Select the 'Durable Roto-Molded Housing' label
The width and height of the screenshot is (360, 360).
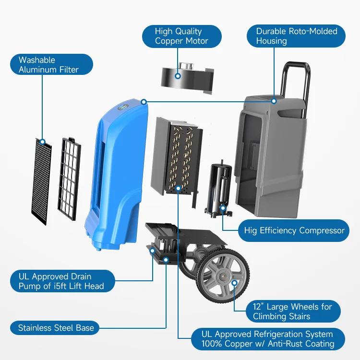pyautogui.click(x=296, y=36)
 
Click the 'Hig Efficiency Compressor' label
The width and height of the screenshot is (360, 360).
pyautogui.click(x=294, y=230)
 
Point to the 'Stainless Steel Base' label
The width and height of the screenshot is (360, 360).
pyautogui.click(x=55, y=328)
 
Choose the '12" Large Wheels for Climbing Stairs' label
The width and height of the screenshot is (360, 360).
pyautogui.click(x=292, y=312)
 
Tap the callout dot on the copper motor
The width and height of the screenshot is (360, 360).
pyautogui.click(x=178, y=75)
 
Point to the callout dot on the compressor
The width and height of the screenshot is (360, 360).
pyautogui.click(x=223, y=208)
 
